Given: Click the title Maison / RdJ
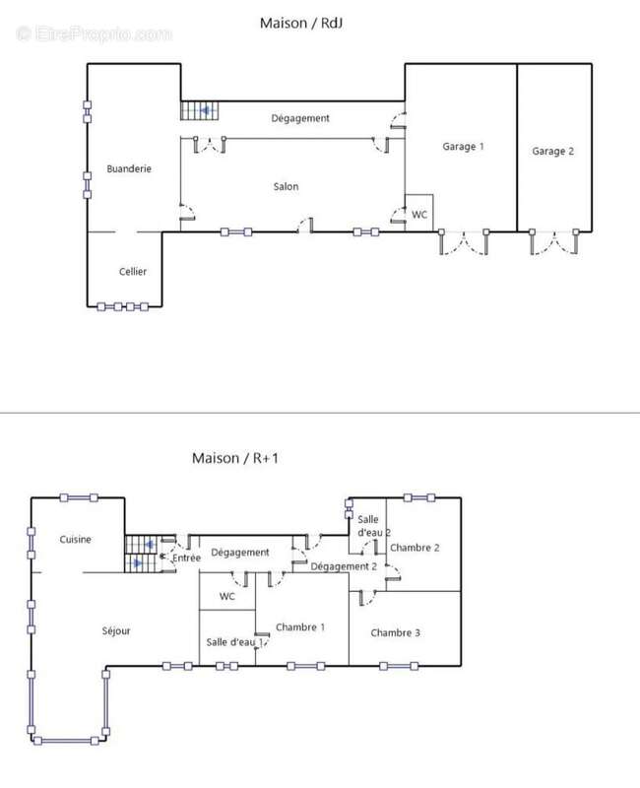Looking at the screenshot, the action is tap(301, 23).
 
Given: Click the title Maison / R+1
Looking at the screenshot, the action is tap(235, 458).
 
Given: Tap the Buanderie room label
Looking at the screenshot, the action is tap(129, 168).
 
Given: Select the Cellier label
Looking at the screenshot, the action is tap(133, 272).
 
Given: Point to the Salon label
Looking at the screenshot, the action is tap(286, 186).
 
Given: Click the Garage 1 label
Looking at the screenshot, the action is tap(463, 146).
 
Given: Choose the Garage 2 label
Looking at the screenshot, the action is tap(552, 151).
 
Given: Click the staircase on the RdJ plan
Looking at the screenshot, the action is tap(200, 110).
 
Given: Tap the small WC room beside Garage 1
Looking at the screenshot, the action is tap(419, 213).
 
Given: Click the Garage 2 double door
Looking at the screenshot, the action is tap(554, 242).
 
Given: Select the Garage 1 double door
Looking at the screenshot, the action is tap(464, 242).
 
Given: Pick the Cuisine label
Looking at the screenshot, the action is tap(76, 539).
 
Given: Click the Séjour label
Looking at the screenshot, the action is tap(116, 630).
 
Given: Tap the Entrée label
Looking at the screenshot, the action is tap(186, 558).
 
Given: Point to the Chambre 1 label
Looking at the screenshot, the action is tap(300, 627).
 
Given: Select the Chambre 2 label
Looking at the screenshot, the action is tap(415, 548).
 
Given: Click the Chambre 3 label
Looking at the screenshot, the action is tap(396, 632).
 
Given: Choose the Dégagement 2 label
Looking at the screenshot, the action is tap(344, 566).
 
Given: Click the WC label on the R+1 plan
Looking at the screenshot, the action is tap(227, 597).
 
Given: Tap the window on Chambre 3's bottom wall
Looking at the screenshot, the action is tap(399, 667).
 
